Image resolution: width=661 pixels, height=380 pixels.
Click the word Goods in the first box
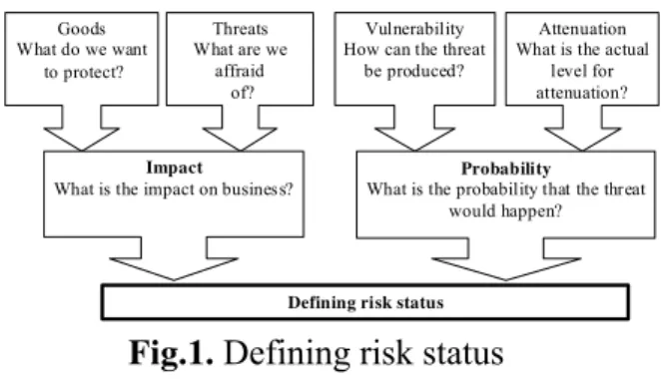[81, 29]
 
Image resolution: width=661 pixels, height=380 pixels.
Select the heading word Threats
[241, 29]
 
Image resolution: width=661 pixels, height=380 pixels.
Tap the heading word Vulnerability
[414, 29]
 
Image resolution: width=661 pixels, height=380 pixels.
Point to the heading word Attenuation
[582, 29]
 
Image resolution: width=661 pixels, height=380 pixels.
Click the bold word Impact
[174, 169]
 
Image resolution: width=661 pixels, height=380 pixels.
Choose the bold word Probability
[506, 169]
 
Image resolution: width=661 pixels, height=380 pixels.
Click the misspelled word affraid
[240, 71]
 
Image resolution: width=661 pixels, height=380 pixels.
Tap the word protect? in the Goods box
[94, 73]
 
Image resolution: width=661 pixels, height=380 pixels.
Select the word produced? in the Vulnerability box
[425, 72]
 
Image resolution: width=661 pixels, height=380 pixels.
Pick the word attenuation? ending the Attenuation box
[582, 93]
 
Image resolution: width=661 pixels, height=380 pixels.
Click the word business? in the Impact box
[258, 190]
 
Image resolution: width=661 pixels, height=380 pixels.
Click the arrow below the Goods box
[81, 128]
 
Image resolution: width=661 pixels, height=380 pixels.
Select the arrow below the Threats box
[240, 128]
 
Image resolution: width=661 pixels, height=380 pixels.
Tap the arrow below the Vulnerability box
[414, 128]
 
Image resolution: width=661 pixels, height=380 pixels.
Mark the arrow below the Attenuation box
[582, 128]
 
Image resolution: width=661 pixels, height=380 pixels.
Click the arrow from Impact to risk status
[174, 258]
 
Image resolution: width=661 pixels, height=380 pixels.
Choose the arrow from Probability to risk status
[506, 259]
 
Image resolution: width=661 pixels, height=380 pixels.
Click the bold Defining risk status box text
[365, 303]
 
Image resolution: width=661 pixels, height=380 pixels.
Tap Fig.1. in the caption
[171, 353]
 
